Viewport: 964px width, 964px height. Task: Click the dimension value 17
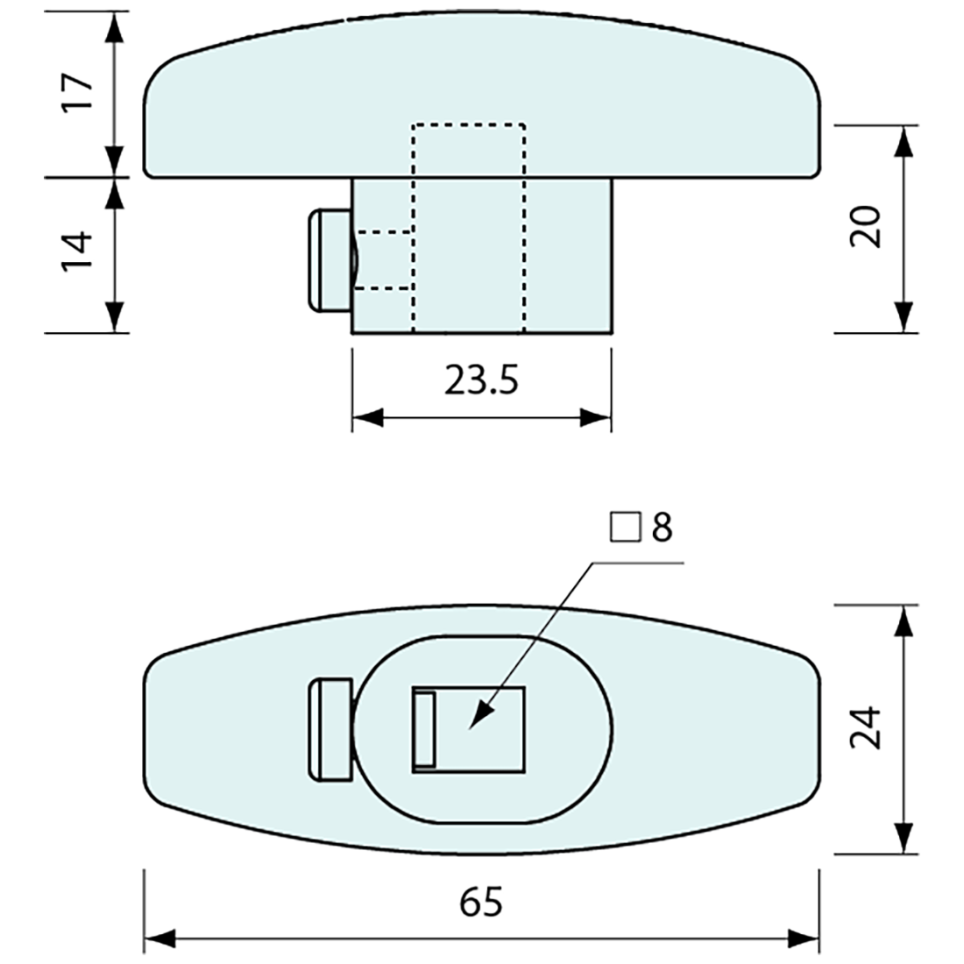pyautogui.click(x=77, y=92)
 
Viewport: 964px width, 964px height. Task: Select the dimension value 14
pyautogui.click(x=77, y=251)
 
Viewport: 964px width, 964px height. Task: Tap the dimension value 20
pyautogui.click(x=866, y=226)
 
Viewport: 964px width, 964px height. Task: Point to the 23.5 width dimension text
pyautogui.click(x=481, y=380)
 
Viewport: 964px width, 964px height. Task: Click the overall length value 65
pyautogui.click(x=481, y=902)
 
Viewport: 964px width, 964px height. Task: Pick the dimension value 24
pyautogui.click(x=866, y=728)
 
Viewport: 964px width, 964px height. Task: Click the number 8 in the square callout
pyautogui.click(x=662, y=528)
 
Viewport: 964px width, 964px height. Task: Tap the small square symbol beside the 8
pyautogui.click(x=626, y=528)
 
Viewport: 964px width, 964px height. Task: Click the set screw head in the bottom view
pyautogui.click(x=330, y=730)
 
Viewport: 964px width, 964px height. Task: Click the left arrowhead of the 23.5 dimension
pyautogui.click(x=368, y=418)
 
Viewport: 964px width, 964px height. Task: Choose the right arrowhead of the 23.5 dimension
pyautogui.click(x=595, y=418)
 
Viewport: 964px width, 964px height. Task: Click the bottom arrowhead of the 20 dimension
pyautogui.click(x=903, y=317)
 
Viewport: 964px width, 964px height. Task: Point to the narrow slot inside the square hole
pyautogui.click(x=425, y=730)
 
